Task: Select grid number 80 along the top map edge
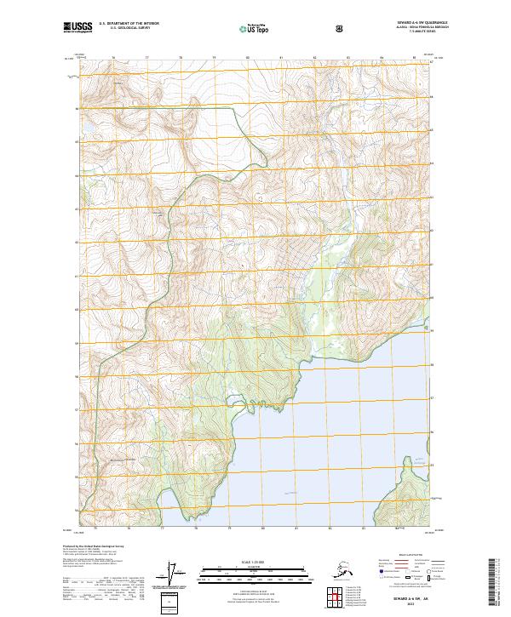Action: pyautogui.click(x=248, y=57)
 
